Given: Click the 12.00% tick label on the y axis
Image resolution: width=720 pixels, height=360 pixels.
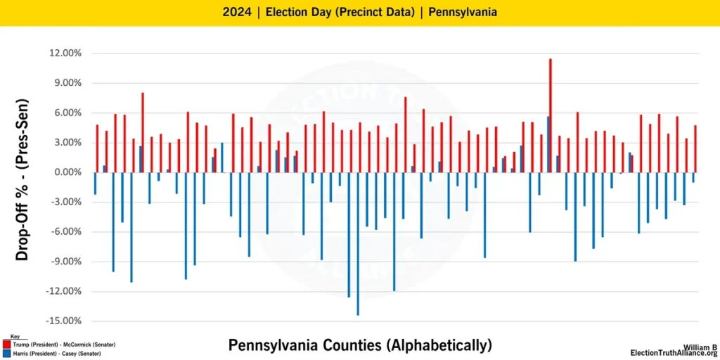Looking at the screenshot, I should [65, 53].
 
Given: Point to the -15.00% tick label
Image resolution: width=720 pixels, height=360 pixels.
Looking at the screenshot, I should [63, 321].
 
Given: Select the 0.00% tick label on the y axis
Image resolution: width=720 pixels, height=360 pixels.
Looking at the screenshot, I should [67, 172].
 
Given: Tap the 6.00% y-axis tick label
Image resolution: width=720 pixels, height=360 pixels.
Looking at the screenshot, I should [67, 113].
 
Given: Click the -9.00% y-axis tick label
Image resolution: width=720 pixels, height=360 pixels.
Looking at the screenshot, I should [65, 262].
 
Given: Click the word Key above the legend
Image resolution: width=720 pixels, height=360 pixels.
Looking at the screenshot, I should [15, 337].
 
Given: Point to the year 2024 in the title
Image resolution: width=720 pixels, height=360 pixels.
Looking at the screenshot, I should [236, 12].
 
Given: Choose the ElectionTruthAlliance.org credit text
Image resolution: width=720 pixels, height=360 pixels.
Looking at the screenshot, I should [673, 353].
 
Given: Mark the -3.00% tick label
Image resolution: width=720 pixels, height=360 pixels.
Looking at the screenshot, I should [65, 202].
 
